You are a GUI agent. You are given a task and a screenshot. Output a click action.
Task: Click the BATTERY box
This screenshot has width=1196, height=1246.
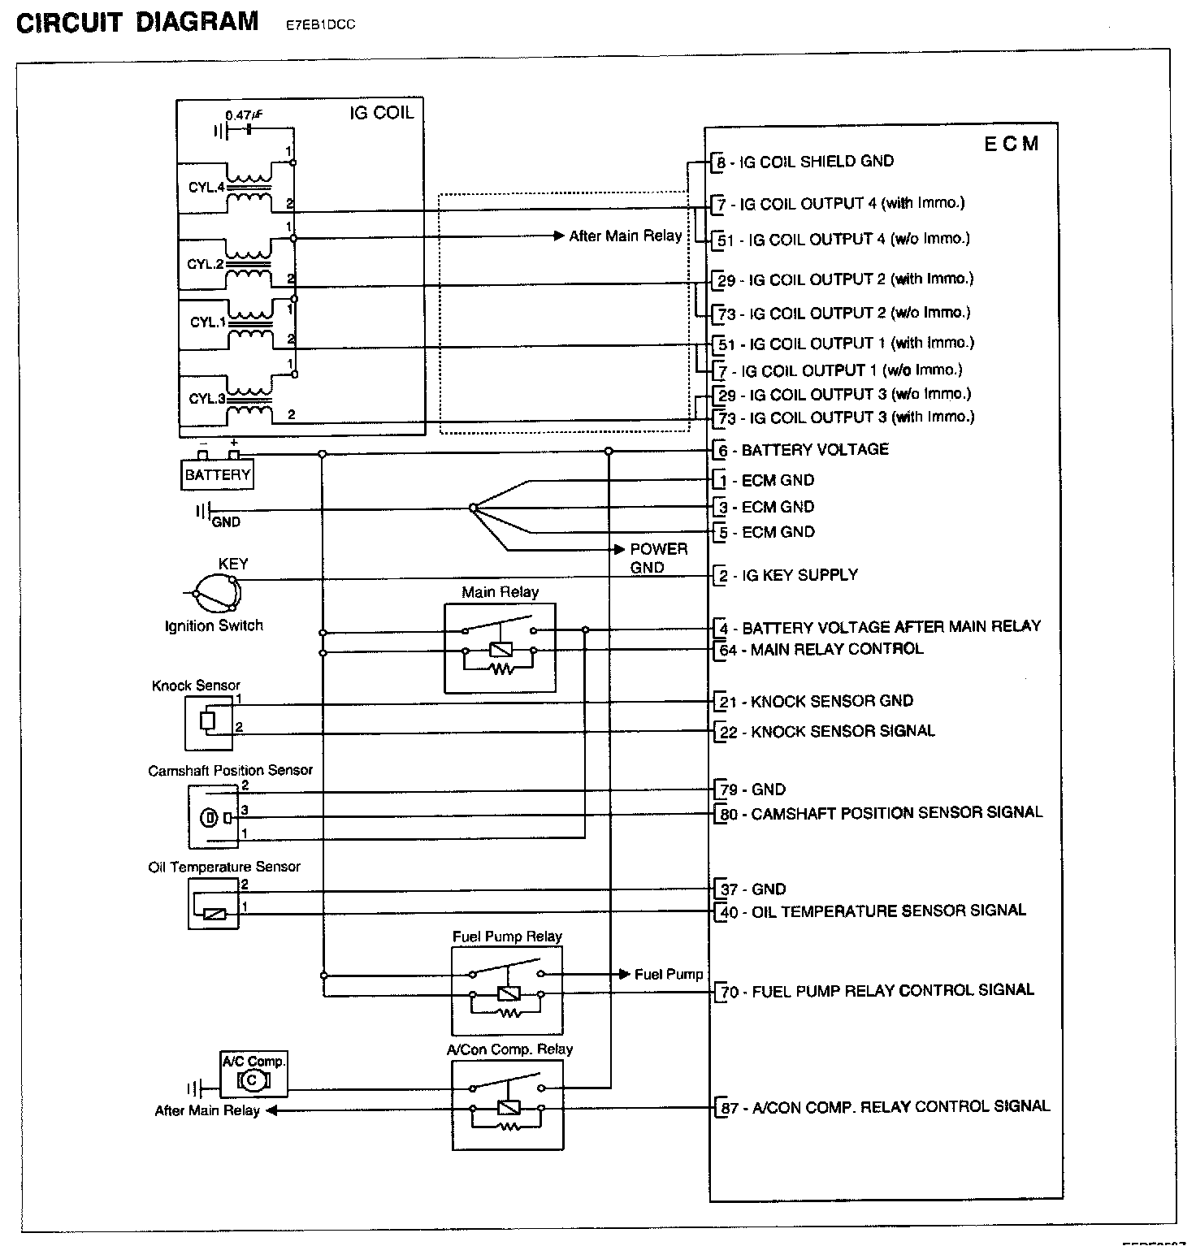click(217, 474)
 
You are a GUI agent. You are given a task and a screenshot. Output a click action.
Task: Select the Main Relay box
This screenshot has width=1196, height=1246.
click(500, 647)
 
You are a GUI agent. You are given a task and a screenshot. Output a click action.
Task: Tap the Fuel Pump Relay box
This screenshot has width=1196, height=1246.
click(507, 990)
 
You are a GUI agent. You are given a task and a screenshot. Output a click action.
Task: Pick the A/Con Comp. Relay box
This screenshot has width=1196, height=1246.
click(507, 1105)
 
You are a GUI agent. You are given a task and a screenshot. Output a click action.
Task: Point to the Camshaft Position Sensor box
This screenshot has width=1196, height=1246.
click(214, 816)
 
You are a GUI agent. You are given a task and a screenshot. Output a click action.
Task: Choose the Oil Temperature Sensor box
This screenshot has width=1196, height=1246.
click(214, 902)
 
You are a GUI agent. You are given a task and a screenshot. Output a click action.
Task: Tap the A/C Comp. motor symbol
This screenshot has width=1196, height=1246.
click(253, 1079)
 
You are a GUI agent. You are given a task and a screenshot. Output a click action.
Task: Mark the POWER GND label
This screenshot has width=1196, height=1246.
click(658, 558)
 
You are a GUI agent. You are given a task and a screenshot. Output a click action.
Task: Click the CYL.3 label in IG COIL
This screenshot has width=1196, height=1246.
click(206, 399)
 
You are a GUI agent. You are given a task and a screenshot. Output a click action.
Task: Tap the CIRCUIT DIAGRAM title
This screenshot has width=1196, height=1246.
click(137, 22)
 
